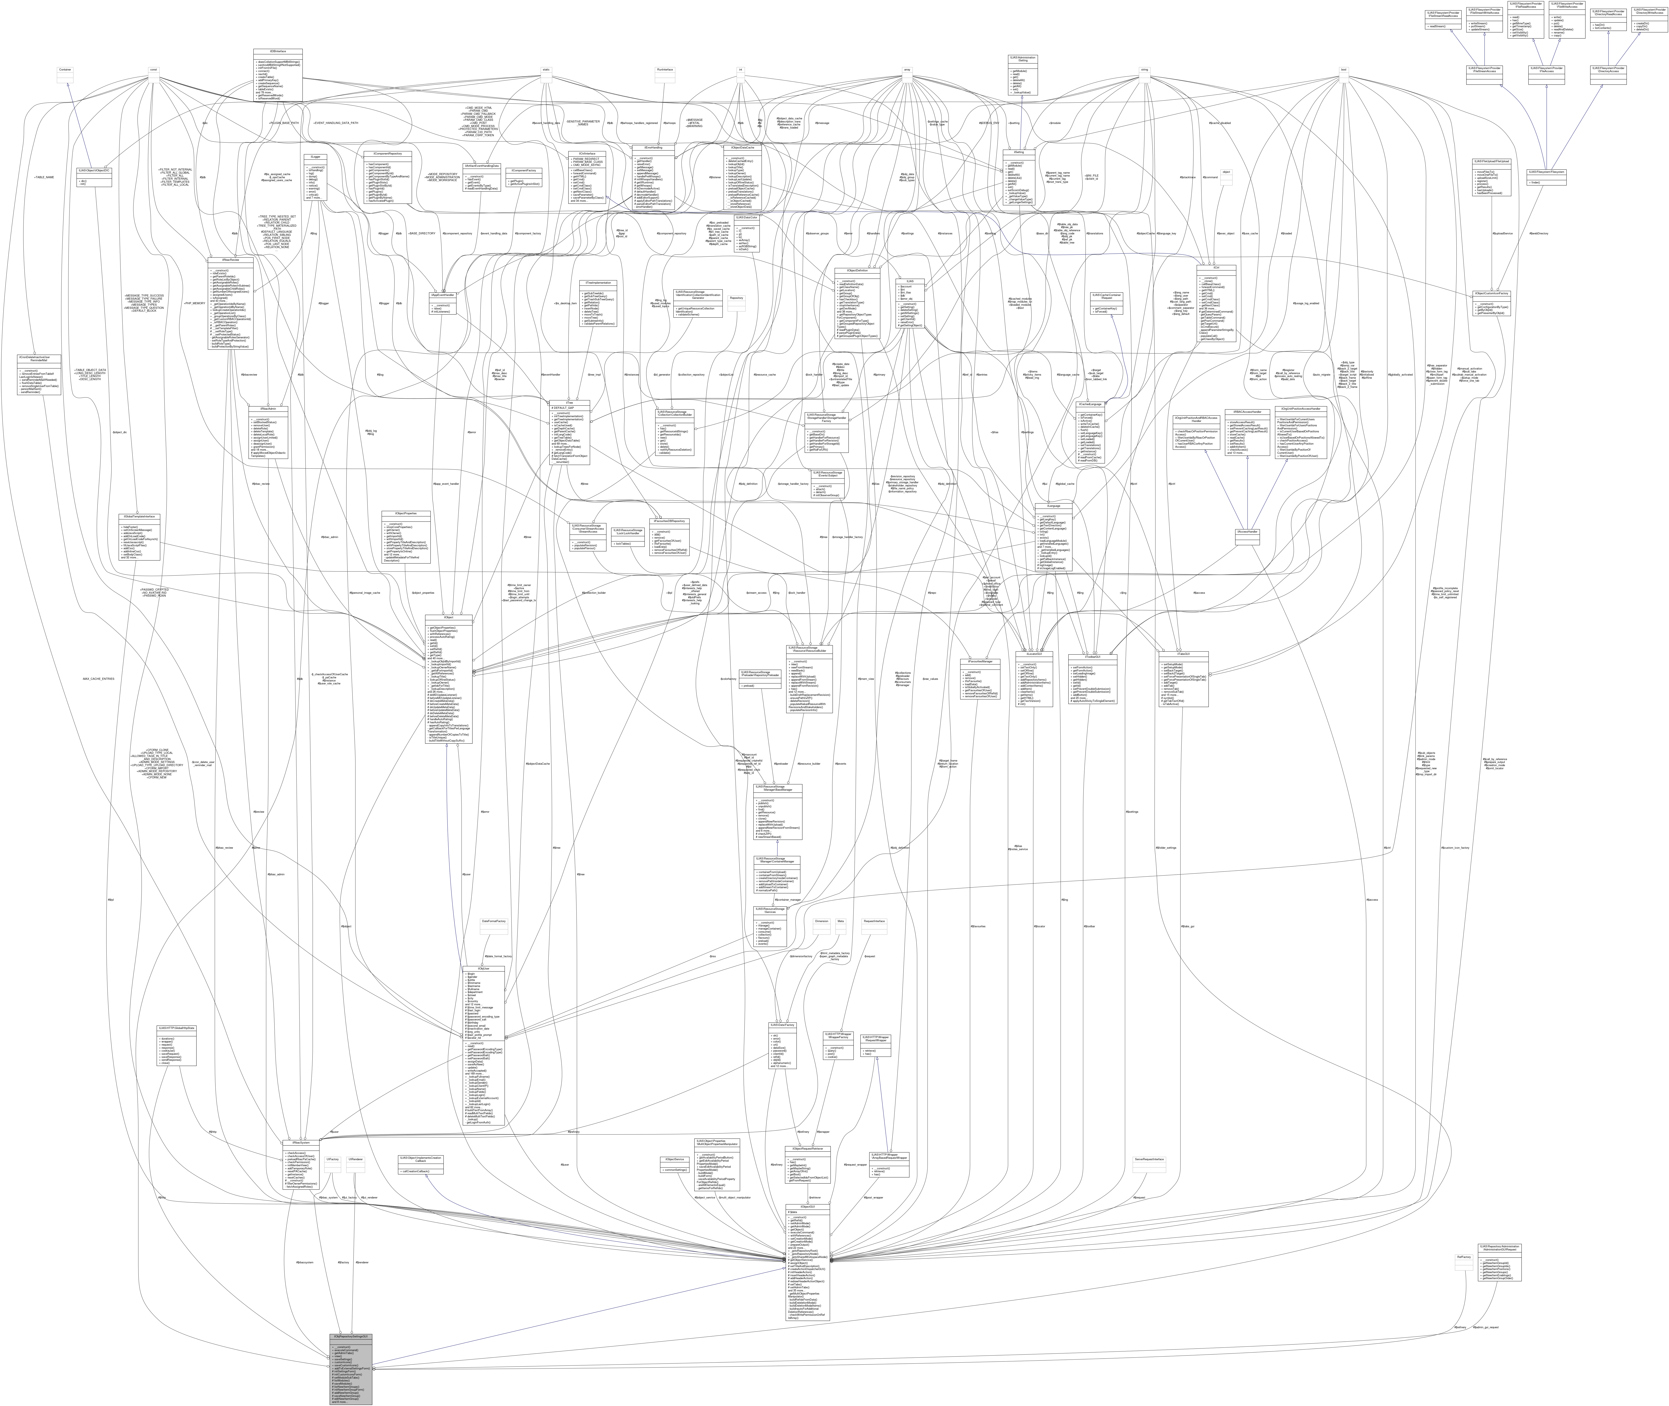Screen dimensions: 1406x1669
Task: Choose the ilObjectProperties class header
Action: click(x=406, y=513)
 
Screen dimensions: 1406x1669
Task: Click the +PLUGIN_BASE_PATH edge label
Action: click(x=284, y=123)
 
